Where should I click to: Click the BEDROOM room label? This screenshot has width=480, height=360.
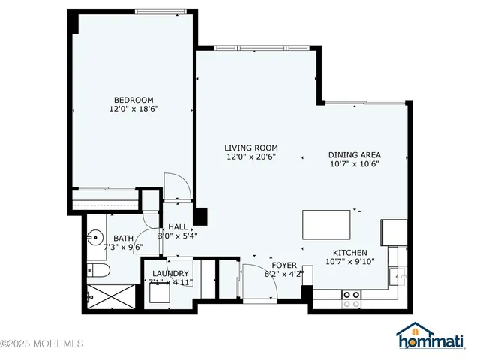133,100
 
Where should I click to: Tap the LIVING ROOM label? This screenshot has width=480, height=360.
252,148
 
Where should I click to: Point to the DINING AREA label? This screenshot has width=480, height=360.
354,155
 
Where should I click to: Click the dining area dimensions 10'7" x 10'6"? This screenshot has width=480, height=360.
354,165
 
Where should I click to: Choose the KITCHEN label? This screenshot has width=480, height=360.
346,253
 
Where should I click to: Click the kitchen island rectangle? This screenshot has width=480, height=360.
326,224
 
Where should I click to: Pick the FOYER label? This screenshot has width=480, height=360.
284,265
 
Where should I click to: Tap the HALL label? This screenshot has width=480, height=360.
178,227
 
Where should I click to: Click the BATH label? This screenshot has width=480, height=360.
123,238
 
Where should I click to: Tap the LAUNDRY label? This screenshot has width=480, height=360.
170,273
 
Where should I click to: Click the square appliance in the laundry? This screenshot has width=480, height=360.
158,292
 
